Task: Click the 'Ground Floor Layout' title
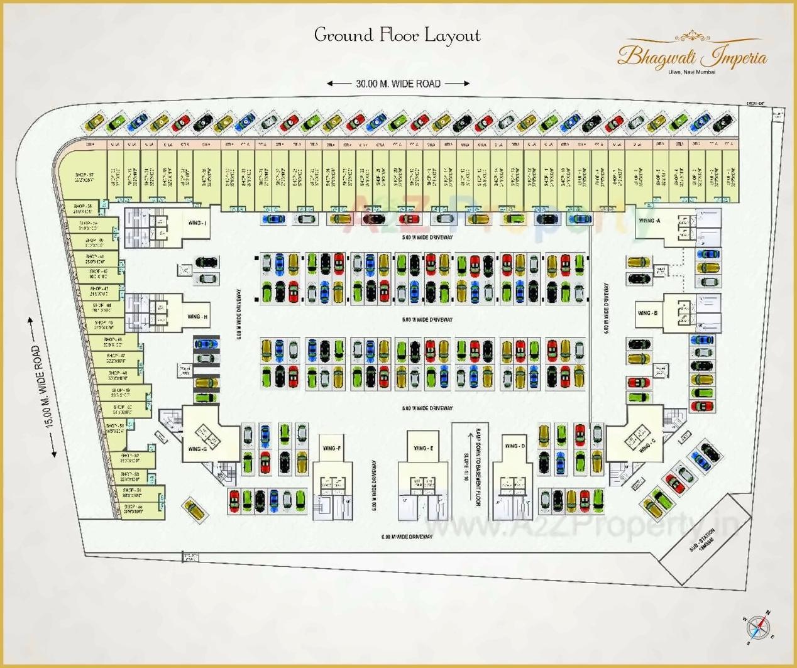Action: click(397, 35)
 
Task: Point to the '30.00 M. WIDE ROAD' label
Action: click(398, 84)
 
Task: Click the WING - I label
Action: click(197, 223)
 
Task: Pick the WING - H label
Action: click(197, 317)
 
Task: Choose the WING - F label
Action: click(331, 448)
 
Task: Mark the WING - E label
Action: click(422, 448)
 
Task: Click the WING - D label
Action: click(515, 446)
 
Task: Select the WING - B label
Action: click(647, 313)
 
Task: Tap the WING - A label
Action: click(649, 221)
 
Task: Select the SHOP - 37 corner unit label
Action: click(84, 177)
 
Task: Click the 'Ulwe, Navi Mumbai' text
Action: click(691, 72)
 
